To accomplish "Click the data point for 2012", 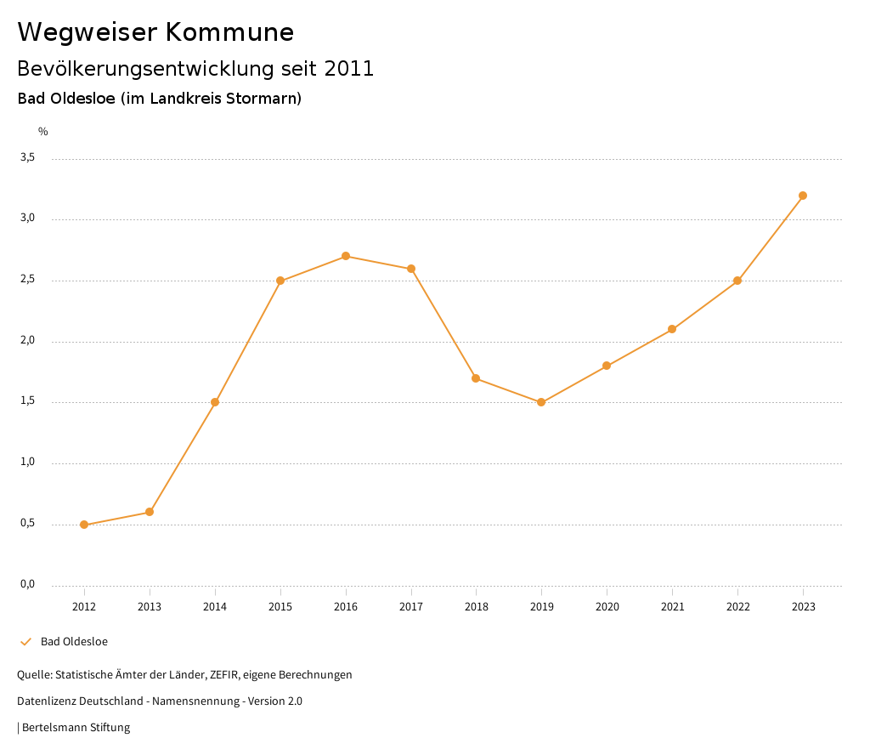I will point(84,525).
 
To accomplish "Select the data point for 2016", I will point(346,256).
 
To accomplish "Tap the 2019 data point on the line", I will point(541,402).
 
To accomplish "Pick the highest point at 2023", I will point(803,196).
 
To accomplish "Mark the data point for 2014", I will point(215,402).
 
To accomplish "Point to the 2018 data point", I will point(476,378).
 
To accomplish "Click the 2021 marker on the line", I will point(672,329).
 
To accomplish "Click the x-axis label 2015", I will point(280,607).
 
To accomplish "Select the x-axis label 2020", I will point(607,607).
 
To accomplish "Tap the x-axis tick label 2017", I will point(411,607).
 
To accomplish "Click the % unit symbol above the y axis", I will point(43,132).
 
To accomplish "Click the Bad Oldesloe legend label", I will point(74,642).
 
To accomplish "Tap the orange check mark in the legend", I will point(25,642).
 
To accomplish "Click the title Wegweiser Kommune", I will point(155,32).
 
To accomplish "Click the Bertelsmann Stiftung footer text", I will point(76,728).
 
